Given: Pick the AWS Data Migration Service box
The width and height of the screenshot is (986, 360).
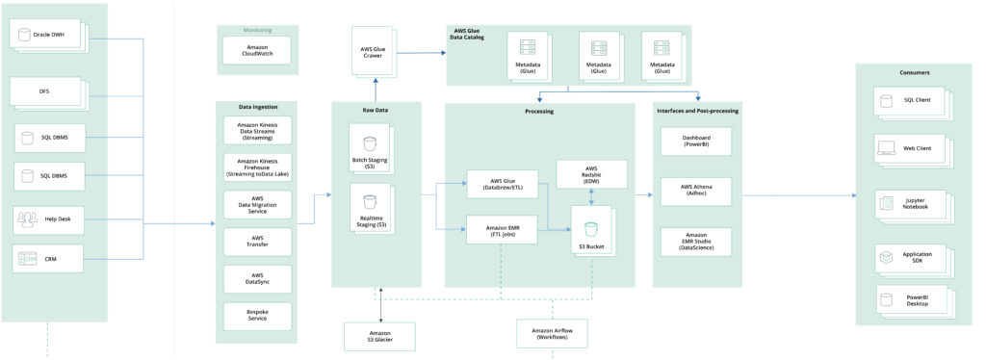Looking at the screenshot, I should [256, 204].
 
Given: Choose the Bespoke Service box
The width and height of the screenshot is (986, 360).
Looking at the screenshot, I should [256, 313].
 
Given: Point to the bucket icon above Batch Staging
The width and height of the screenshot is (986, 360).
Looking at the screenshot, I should [369, 144].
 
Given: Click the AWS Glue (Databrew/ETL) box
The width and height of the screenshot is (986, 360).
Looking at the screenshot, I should [500, 183].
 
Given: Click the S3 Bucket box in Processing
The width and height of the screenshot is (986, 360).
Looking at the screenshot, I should [591, 230].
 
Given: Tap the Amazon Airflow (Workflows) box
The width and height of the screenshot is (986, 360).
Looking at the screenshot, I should [552, 334].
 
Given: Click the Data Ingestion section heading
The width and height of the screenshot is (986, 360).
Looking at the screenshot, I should [256, 107].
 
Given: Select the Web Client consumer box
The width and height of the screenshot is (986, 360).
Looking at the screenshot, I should [910, 149].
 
